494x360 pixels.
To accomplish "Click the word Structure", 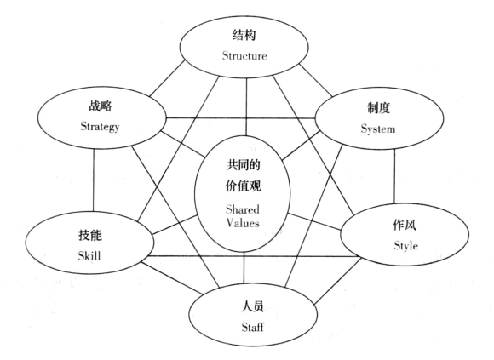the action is point(244,55).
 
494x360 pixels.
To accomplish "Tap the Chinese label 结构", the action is point(244,35).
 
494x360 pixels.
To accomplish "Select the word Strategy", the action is point(100,127).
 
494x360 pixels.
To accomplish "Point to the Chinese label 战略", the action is point(101,106).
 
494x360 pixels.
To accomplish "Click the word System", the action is point(378,129).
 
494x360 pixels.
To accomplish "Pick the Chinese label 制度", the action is point(379,108).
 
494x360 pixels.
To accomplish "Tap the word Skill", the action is point(89,255).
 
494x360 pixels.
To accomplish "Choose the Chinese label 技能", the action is point(90,235).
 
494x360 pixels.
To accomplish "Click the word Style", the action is point(405,246).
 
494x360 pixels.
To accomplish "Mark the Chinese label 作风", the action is point(405,225).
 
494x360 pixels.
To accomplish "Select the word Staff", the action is point(253,328).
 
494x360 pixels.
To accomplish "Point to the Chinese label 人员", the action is point(253,306).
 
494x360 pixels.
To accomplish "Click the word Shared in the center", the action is point(242,209).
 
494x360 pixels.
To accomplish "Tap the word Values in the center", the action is point(243,223).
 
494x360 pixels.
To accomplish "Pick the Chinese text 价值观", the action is point(243,186).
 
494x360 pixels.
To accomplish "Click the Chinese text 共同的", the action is point(243,165).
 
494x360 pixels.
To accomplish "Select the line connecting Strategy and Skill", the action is point(94,180).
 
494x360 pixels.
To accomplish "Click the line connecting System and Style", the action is point(394,175).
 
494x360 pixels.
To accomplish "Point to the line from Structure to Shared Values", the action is point(246,106).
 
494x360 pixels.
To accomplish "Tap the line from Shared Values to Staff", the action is point(244,267).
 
